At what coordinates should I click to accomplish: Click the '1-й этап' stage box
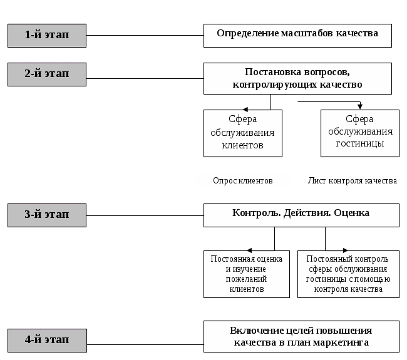47,36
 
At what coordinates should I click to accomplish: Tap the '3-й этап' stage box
47,215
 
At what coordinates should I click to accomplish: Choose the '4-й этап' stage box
47,340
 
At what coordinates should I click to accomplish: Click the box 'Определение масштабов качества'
297,35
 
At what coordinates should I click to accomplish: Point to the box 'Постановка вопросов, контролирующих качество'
297,78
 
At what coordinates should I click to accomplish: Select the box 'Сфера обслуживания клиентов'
242,133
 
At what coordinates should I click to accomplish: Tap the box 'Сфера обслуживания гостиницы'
359,133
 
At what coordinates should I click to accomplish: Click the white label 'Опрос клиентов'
242,180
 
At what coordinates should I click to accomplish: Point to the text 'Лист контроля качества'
352,181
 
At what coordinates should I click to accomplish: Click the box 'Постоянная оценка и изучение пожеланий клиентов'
246,274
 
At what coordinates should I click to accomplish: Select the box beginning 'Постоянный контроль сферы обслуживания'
348,274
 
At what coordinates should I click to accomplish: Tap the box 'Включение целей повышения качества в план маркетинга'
301,336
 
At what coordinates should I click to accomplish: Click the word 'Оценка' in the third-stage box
352,213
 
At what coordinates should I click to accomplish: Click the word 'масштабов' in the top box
299,33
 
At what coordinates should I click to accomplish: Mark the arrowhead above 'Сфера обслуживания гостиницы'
360,105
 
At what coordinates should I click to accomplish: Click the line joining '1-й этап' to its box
145,36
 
